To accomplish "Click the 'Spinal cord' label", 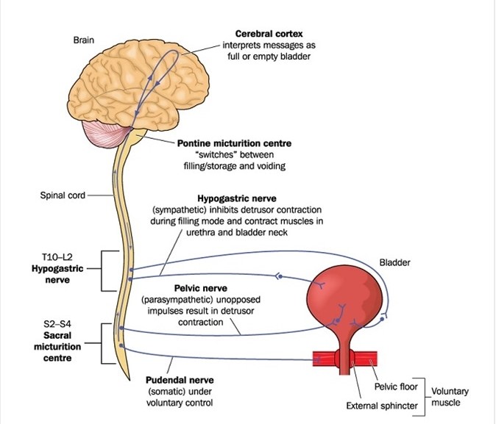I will click(x=62, y=195).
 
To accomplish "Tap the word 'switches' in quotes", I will click(x=208, y=154).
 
